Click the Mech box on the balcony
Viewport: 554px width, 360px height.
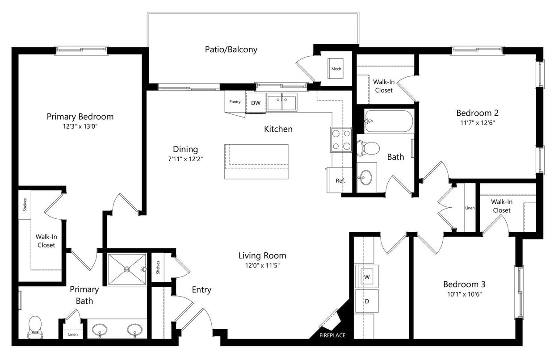coord(336,69)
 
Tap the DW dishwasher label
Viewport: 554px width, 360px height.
coord(256,103)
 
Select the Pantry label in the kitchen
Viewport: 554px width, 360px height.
coord(235,102)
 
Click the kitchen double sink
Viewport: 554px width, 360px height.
coord(282,102)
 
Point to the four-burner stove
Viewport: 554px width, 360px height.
coord(341,139)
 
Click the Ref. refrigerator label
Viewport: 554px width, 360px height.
coord(340,181)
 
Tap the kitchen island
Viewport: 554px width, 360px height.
coord(256,161)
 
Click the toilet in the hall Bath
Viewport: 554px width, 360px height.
coord(367,147)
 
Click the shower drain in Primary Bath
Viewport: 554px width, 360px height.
coord(127,269)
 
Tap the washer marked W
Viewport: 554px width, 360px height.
coord(367,277)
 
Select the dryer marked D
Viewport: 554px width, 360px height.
coord(367,301)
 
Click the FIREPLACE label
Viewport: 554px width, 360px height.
coord(332,335)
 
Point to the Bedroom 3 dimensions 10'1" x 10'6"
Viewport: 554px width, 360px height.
coord(464,294)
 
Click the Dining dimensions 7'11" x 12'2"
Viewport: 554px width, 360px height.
coord(185,159)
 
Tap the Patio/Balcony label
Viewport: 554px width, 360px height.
coord(231,50)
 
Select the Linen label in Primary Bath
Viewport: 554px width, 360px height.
coord(72,334)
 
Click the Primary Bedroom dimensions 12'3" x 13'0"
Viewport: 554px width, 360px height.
coord(80,126)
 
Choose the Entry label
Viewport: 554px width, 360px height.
coord(201,290)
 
